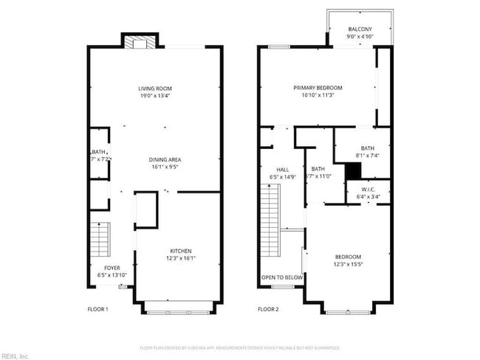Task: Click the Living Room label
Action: tap(155, 89)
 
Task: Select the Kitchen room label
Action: tap(181, 251)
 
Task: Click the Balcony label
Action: tap(360, 30)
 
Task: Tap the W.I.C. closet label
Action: tap(367, 190)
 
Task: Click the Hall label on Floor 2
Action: tap(272, 170)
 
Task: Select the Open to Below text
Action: tap(281, 278)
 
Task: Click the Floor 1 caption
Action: tap(98, 309)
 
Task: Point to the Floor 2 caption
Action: tap(267, 309)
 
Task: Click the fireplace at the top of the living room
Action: tap(139, 43)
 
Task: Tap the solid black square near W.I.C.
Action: tap(354, 171)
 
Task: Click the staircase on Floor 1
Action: tap(99, 238)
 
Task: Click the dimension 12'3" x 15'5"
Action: tap(349, 264)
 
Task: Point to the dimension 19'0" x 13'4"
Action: tap(155, 96)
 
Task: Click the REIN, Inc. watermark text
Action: tap(15, 356)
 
